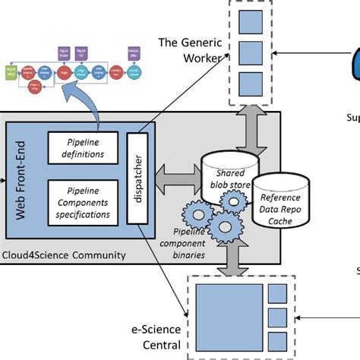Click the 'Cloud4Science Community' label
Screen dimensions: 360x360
tap(64, 254)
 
